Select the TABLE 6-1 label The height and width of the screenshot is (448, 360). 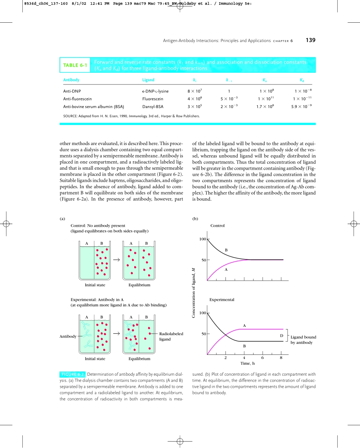(x=75, y=65)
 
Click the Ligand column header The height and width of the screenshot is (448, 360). (x=148, y=80)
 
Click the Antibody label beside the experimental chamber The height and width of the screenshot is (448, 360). (x=68, y=336)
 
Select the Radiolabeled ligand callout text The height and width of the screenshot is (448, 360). (x=171, y=336)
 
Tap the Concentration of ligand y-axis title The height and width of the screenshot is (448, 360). (x=193, y=288)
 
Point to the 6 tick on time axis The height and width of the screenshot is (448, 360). (x=263, y=357)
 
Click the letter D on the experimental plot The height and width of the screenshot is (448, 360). (x=281, y=336)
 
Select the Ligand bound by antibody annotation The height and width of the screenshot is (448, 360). (x=303, y=340)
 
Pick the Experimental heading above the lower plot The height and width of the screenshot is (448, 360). (x=222, y=300)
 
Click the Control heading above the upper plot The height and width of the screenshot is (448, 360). (x=218, y=225)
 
